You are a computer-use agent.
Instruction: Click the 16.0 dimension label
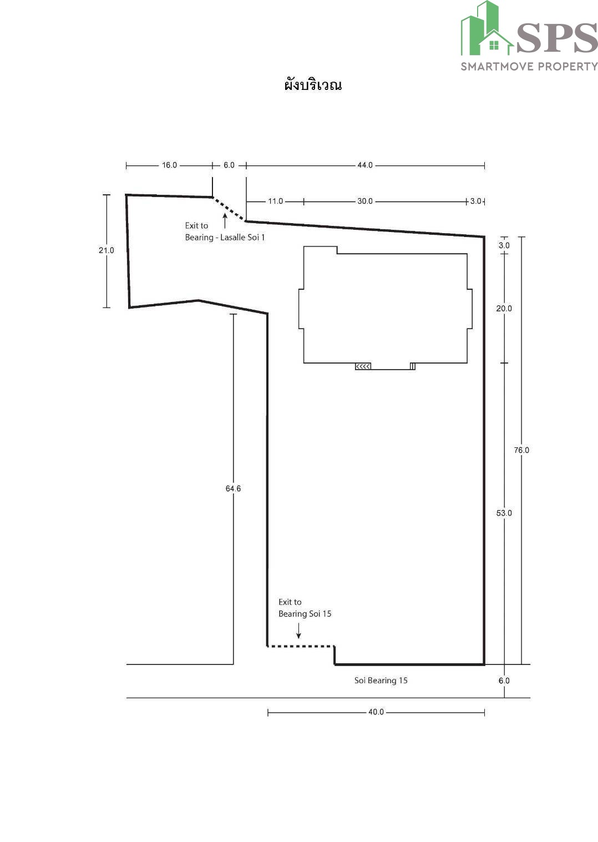coord(169,165)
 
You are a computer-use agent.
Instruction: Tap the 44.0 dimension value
coord(364,165)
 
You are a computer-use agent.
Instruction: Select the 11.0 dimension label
coord(275,201)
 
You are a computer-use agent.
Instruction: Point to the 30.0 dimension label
coord(364,201)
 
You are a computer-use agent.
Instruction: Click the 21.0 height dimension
coord(107,250)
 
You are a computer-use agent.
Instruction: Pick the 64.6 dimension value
coord(234,488)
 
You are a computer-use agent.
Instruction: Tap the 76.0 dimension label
coord(521,450)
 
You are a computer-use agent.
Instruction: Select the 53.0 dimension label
coord(504,513)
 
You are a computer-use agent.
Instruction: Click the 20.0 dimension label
coord(504,309)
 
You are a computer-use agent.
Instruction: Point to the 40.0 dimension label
coord(376,712)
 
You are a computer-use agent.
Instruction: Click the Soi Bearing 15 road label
coord(381,680)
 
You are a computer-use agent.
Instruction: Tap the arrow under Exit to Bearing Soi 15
coord(298,631)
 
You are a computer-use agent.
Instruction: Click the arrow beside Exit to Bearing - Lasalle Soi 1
coord(225,221)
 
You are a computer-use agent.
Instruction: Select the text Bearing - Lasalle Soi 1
coord(225,238)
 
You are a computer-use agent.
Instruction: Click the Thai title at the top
coord(313,84)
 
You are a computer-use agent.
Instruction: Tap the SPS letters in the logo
coord(557,38)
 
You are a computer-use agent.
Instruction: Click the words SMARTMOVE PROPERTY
coord(529,67)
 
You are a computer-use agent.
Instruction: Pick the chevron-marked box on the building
coord(363,366)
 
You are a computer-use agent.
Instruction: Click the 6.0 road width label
coord(504,680)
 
